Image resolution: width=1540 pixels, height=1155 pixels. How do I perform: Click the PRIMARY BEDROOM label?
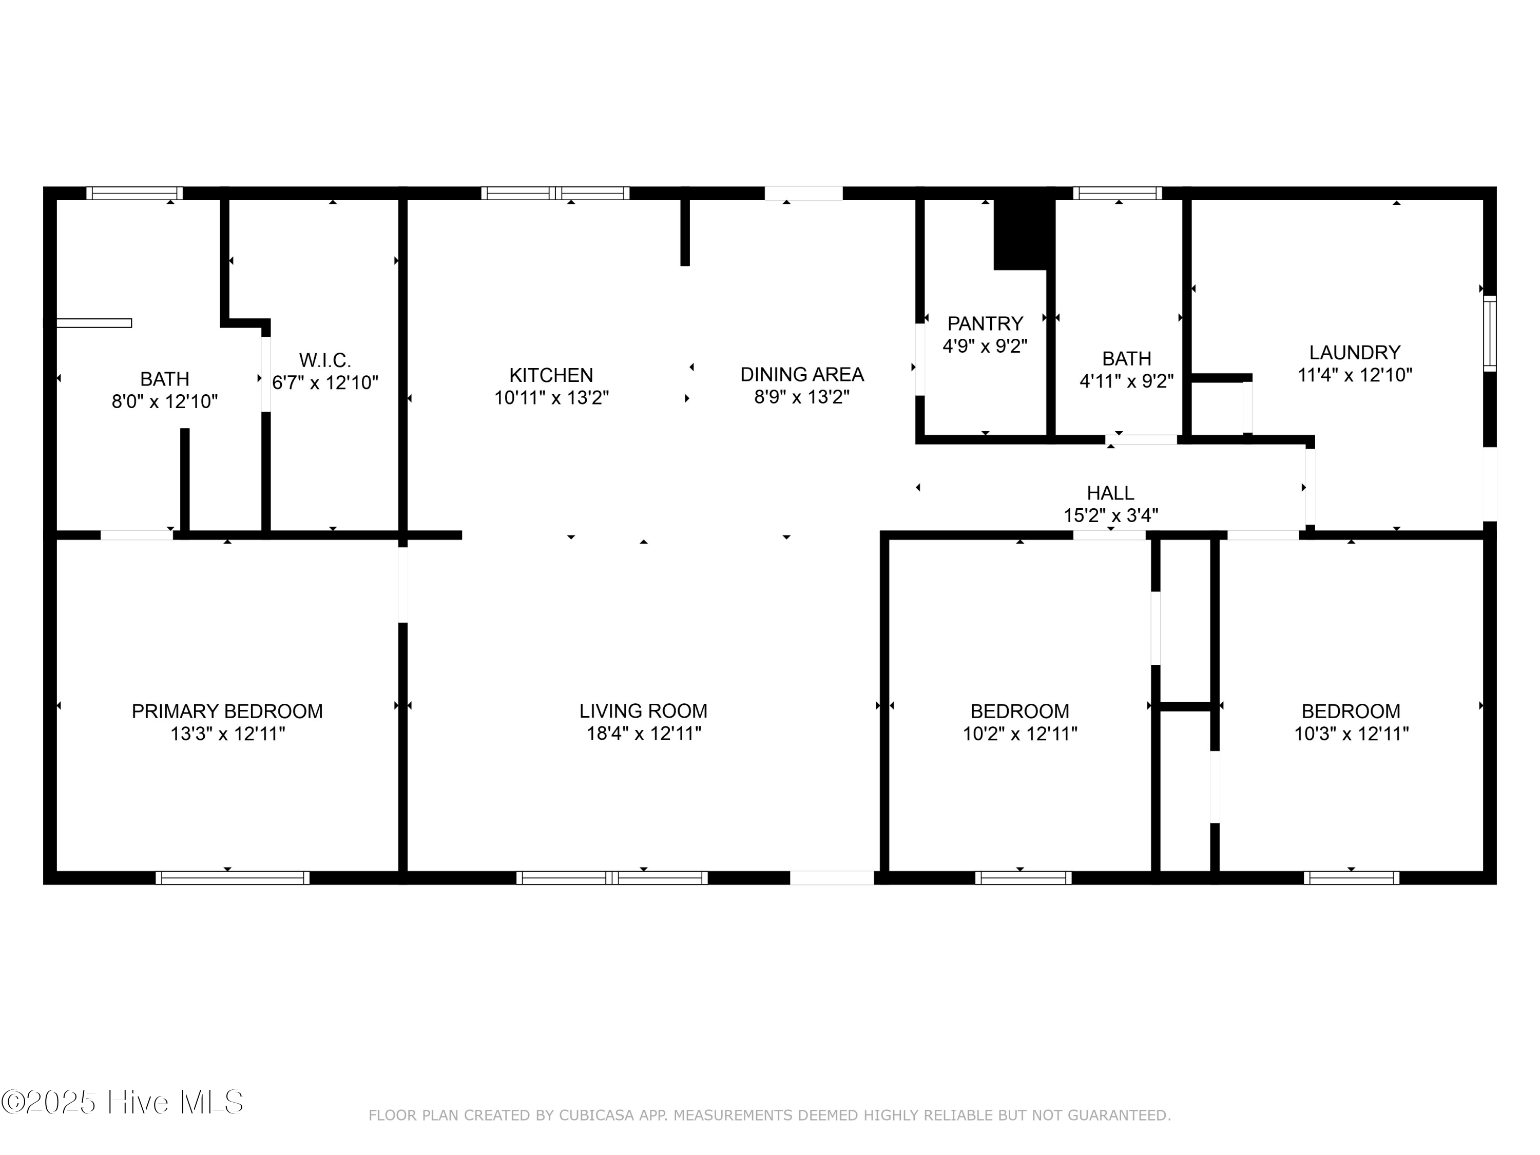227,711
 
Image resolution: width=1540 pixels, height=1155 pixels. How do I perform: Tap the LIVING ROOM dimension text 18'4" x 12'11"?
643,733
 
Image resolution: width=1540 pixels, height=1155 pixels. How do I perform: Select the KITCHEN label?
551,375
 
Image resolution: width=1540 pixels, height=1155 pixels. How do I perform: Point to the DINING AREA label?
801,375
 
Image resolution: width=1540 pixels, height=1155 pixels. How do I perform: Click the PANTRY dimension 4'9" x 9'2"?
985,346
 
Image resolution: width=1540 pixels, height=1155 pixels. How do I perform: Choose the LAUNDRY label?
1354,352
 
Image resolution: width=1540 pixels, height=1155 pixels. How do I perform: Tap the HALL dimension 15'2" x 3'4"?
1110,515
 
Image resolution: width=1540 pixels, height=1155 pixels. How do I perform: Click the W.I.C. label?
324,360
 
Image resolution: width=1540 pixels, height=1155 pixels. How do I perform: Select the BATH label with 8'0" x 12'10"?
164,379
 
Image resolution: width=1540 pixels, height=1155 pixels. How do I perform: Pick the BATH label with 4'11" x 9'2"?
1126,358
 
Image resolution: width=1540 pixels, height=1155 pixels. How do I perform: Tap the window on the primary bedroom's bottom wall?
232,878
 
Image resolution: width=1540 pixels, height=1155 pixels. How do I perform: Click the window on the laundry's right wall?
1489,334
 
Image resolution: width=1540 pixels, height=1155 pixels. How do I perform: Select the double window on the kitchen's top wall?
555,194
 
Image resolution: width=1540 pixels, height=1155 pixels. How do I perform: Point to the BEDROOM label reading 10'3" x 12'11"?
1350,711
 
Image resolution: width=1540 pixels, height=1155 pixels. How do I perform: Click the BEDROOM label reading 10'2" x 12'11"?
1019,711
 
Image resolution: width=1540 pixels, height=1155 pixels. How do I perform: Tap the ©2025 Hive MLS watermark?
123,1102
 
